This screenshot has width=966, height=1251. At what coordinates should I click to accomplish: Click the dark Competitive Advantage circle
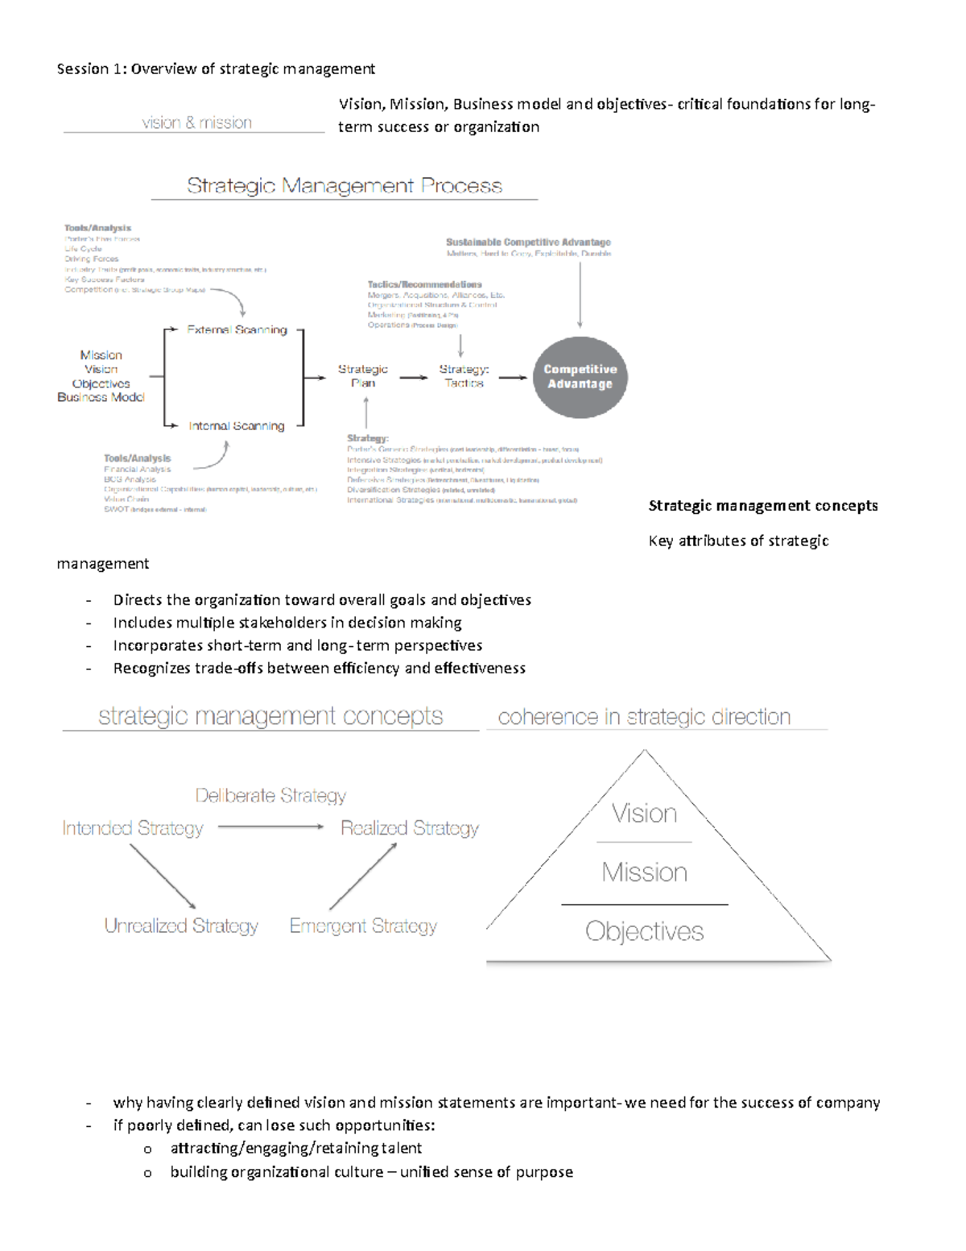(580, 377)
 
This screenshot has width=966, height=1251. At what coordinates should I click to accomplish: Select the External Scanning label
(237, 329)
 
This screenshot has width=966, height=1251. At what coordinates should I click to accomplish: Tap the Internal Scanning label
(236, 425)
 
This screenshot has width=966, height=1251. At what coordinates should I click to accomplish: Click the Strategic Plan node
(363, 376)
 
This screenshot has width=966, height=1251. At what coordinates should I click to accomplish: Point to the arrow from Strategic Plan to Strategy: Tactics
(414, 377)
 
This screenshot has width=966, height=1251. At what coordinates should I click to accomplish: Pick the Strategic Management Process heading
(345, 186)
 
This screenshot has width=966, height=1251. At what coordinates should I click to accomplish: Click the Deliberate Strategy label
(270, 796)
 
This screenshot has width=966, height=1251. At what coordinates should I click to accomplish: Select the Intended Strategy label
(133, 828)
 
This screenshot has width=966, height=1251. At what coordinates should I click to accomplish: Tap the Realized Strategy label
(409, 828)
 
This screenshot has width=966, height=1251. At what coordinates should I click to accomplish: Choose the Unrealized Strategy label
(181, 926)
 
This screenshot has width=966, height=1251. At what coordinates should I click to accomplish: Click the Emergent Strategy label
(363, 926)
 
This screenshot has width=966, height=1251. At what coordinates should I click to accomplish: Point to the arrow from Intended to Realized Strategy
(270, 826)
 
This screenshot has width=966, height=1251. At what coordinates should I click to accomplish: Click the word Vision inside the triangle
(644, 814)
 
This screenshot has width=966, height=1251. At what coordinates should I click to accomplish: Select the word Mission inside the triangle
(644, 872)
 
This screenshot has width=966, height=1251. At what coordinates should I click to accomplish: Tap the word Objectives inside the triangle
(644, 931)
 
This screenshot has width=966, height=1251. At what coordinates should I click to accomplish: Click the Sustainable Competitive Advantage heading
(528, 242)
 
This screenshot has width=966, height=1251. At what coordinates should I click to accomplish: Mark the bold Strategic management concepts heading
(762, 506)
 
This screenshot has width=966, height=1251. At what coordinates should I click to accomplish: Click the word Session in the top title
(83, 69)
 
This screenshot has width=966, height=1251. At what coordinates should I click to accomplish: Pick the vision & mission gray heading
(196, 122)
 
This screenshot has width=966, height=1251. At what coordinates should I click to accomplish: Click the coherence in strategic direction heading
(644, 717)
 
